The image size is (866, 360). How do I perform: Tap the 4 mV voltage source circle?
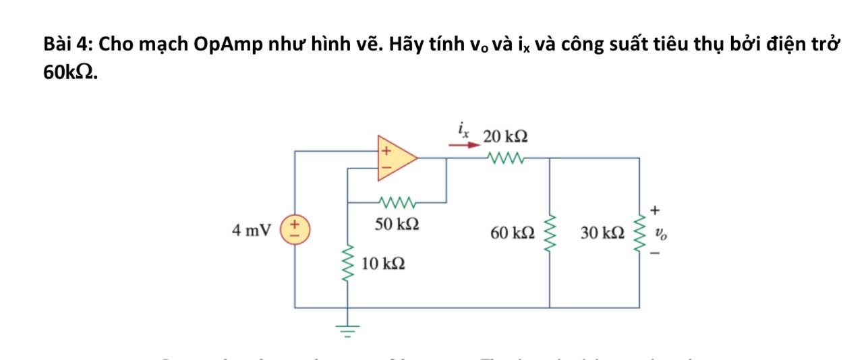tap(295, 229)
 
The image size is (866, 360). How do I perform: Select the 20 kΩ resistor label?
tap(505, 137)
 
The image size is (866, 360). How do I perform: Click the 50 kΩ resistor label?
tap(397, 224)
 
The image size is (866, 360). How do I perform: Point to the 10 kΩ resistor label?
tap(383, 264)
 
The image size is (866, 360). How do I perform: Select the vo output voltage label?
tap(662, 233)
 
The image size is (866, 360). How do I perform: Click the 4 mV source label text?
tap(251, 230)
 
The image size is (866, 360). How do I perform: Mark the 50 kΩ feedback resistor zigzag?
tap(397, 202)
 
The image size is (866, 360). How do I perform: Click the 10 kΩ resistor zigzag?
tap(348, 264)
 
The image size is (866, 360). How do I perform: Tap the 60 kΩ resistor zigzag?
tap(550, 233)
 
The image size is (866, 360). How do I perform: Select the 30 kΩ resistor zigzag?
tap(639, 233)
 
